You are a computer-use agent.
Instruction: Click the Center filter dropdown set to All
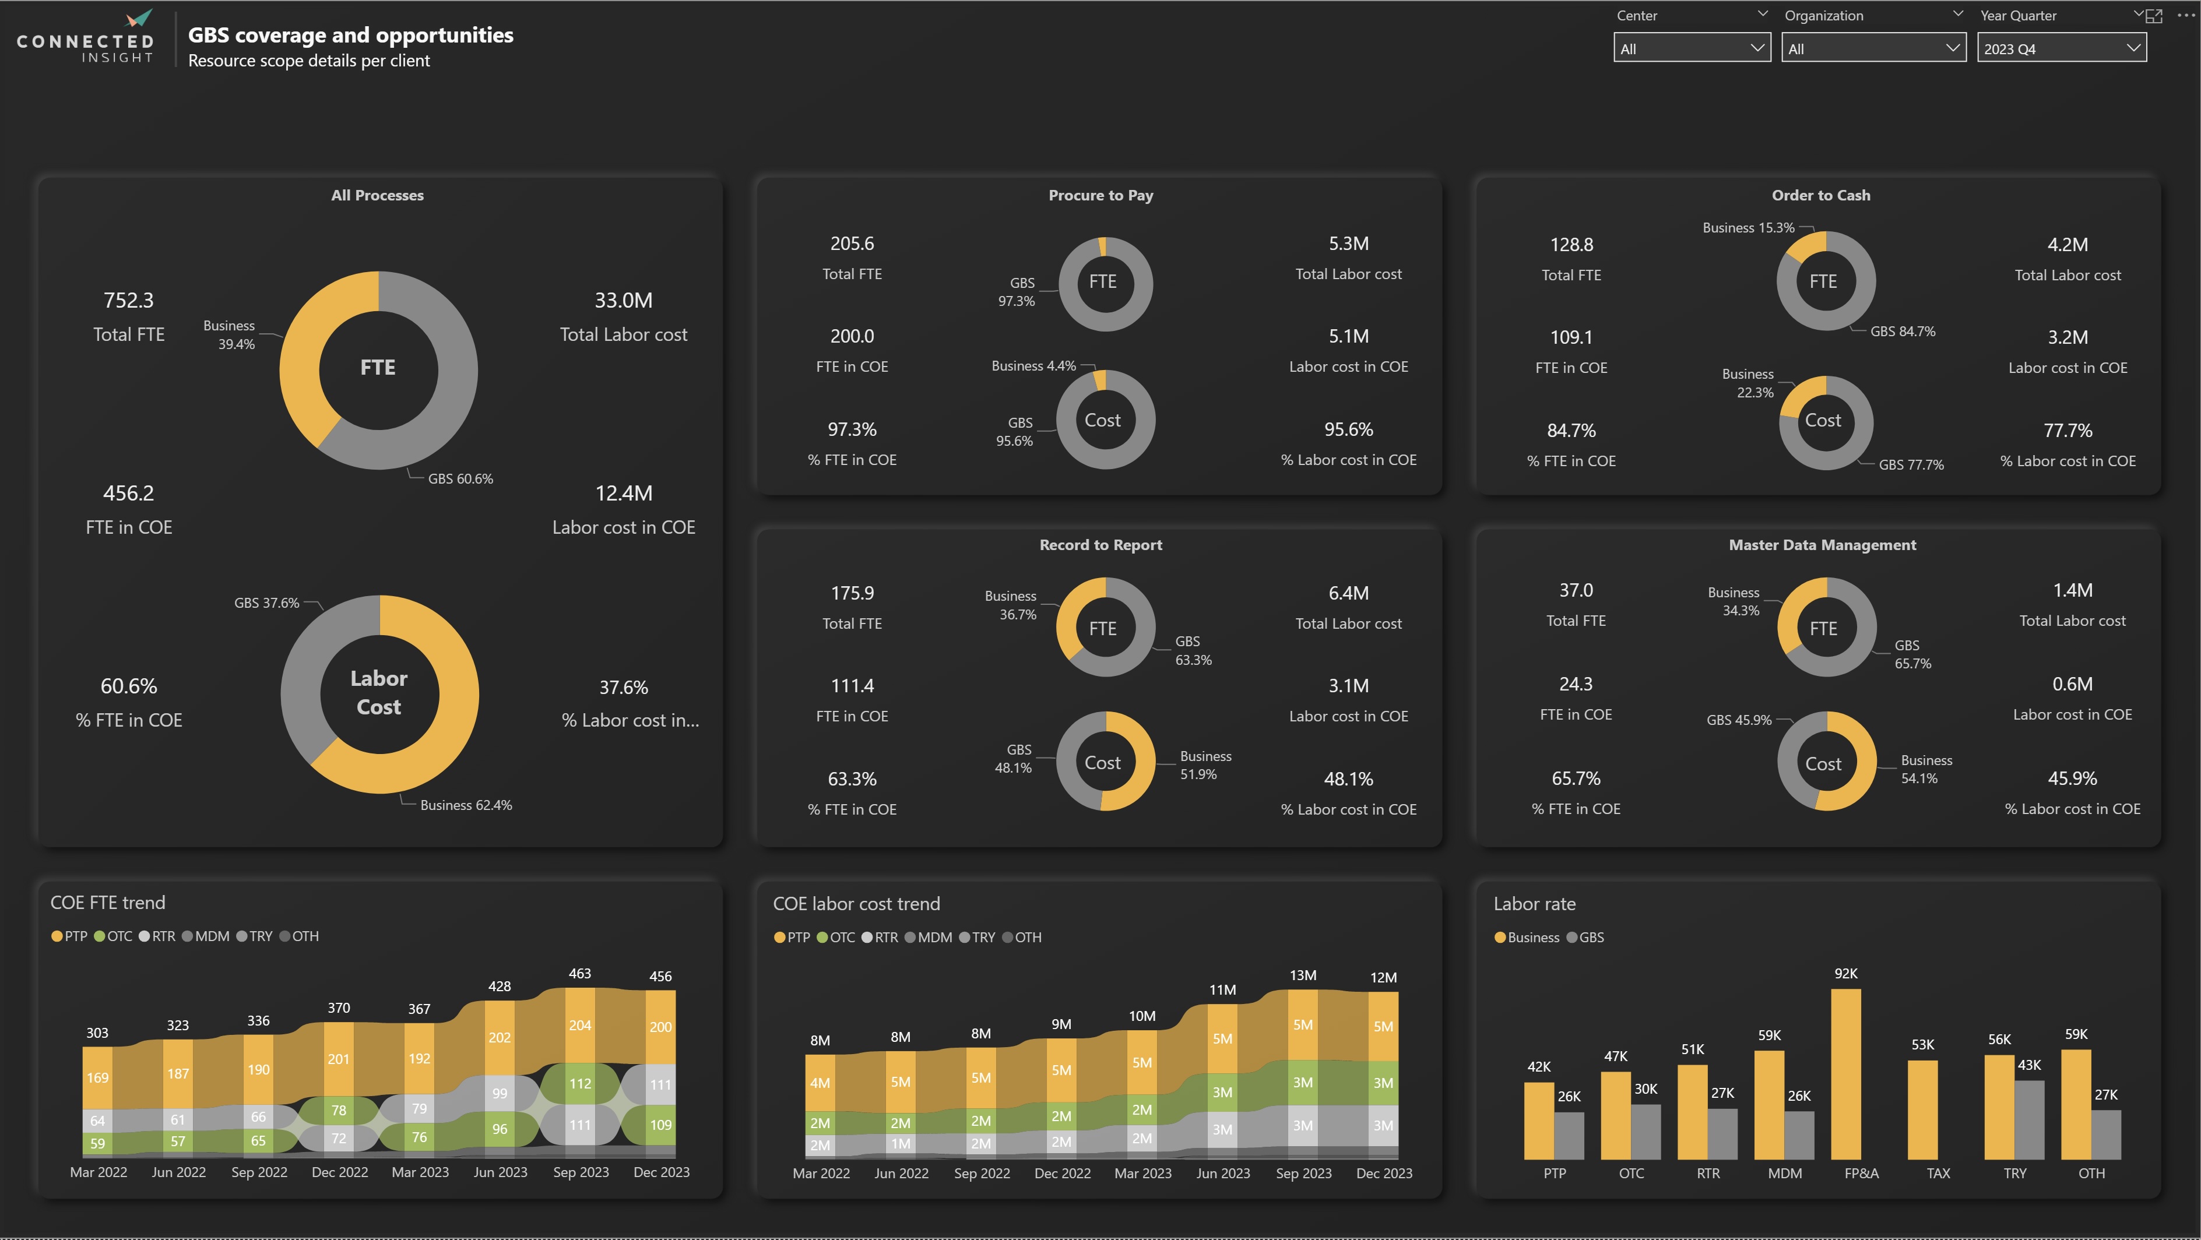[1691, 49]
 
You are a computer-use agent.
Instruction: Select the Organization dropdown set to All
[1872, 49]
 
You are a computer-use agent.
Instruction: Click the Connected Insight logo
[86, 38]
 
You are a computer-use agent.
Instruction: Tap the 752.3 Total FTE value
[128, 301]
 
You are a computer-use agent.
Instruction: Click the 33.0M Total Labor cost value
[623, 301]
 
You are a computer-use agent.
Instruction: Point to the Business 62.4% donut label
[466, 805]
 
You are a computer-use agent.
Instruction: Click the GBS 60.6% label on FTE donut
[460, 479]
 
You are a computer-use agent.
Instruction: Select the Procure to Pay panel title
[1100, 196]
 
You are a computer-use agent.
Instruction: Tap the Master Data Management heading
[1822, 545]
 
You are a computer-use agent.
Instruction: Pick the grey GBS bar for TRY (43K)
[2029, 1119]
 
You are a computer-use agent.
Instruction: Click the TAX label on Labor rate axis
[1938, 1174]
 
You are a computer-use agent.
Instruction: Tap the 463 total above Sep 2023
[579, 974]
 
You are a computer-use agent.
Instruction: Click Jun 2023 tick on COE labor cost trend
[1223, 1174]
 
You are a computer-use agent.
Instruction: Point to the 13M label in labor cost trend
[1302, 975]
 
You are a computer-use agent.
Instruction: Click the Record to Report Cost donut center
[1102, 763]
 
